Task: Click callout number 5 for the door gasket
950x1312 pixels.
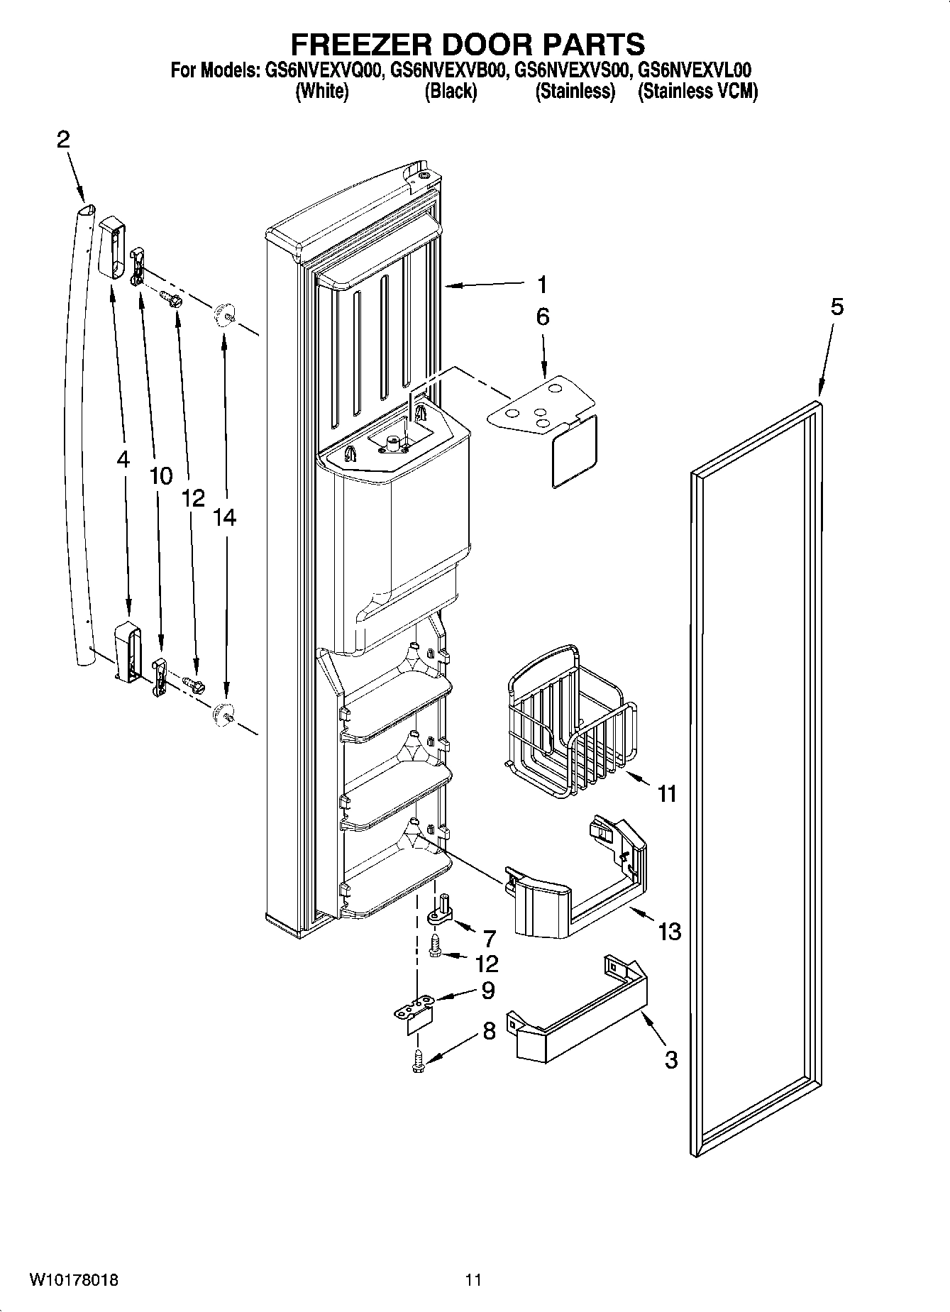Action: [x=837, y=307]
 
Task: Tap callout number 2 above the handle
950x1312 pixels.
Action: [x=63, y=140]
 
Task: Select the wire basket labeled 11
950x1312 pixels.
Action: [x=571, y=724]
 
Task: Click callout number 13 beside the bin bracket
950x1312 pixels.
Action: [x=669, y=931]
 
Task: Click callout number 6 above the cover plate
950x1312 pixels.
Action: [x=542, y=316]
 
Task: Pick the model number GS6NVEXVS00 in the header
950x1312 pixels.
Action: [x=572, y=70]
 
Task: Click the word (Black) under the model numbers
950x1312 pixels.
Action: [x=451, y=92]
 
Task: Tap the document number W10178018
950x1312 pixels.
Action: [x=74, y=1280]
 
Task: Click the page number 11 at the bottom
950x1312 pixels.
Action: [x=473, y=1280]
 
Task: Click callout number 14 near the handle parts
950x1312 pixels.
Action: [x=224, y=518]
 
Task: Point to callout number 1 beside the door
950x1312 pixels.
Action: [x=542, y=285]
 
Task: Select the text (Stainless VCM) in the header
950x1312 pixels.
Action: [x=698, y=92]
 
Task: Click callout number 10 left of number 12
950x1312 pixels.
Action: [x=161, y=476]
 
